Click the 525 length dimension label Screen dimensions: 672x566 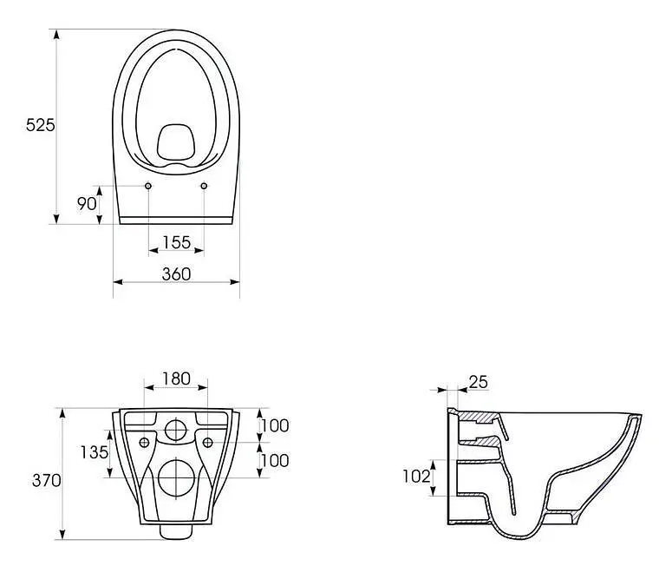coord(40,125)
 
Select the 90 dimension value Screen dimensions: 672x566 coord(87,203)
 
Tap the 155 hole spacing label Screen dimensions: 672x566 coord(177,242)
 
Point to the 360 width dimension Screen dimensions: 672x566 coord(176,273)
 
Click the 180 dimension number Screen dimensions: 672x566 coord(176,378)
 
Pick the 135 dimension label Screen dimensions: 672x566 coord(95,452)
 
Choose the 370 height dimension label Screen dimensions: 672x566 coord(46,480)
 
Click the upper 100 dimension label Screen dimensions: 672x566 coord(275,425)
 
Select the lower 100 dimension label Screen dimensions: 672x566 coord(275,460)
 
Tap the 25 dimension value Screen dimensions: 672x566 coord(479,381)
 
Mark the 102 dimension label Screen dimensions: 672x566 coord(416,476)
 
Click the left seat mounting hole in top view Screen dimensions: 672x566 coord(148,186)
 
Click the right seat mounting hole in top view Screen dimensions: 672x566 coord(204,186)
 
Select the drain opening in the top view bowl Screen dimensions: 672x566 coord(176,141)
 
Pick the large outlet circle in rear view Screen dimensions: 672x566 coord(177,478)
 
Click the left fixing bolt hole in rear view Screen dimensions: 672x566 coord(145,443)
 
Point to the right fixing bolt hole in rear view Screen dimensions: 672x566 coord(207,443)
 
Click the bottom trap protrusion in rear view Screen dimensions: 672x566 coord(176,531)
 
